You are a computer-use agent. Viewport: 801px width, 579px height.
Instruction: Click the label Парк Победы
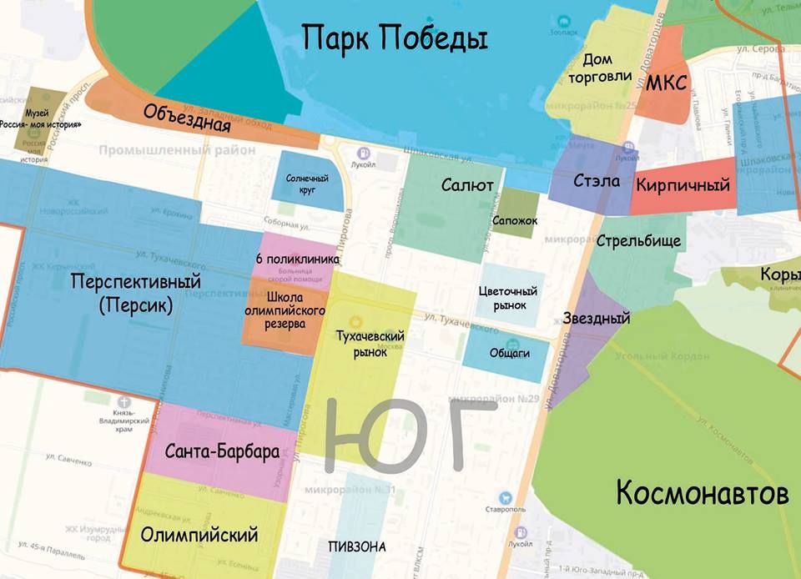click(394, 38)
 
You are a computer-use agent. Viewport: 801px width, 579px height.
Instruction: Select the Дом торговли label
click(597, 68)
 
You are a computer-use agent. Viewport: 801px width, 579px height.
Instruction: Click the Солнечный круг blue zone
click(309, 181)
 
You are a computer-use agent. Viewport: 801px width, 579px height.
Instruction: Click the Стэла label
click(591, 180)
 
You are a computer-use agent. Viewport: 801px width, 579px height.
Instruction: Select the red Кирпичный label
click(683, 185)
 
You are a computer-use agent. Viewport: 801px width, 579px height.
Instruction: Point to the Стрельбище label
click(639, 241)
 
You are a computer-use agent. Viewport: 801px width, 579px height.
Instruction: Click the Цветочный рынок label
click(508, 299)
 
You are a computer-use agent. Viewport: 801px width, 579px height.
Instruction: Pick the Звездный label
click(596, 318)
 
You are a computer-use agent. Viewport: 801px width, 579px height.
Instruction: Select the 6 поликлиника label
click(297, 259)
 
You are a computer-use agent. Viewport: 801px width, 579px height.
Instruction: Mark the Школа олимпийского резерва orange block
click(284, 310)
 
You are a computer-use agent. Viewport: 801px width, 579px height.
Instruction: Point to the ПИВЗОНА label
click(357, 547)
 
